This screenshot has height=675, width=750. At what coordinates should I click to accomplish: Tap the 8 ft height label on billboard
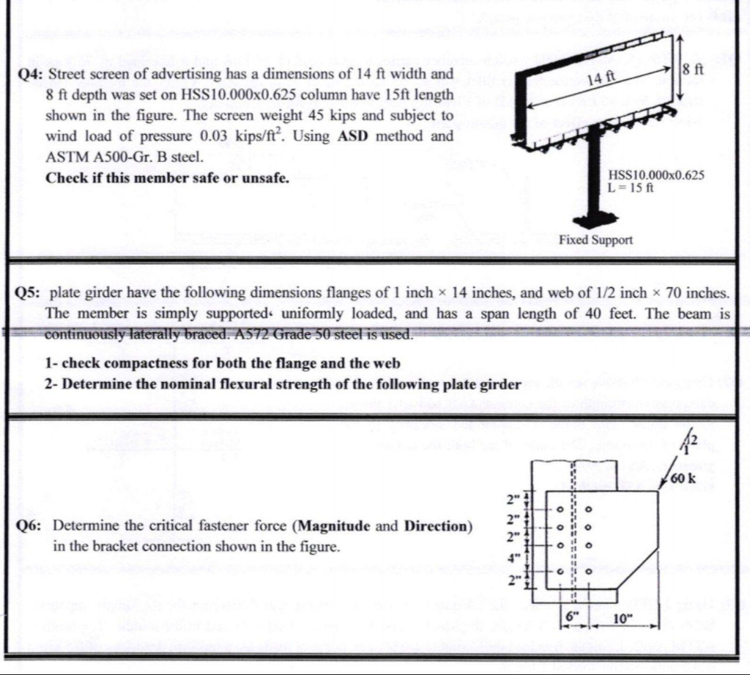pos(691,70)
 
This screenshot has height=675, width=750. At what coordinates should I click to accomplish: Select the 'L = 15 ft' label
pos(631,188)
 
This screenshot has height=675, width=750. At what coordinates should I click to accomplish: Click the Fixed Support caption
pos(595,240)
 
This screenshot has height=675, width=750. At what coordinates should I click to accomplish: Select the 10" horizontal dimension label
pos(621,619)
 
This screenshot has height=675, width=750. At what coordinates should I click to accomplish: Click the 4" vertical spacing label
pos(513,557)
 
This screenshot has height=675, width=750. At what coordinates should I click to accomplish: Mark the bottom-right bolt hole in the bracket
pos(587,572)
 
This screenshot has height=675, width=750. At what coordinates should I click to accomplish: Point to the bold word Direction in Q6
pos(434,525)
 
